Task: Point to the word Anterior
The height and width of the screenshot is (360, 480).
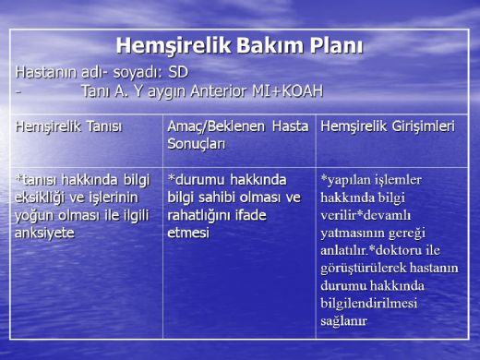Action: (208, 90)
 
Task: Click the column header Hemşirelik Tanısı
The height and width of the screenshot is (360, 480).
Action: (68, 126)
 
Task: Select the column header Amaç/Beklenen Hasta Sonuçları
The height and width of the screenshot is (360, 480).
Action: (237, 135)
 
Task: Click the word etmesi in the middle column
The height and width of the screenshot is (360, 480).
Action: (188, 233)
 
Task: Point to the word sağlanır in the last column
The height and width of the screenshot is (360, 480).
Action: (344, 320)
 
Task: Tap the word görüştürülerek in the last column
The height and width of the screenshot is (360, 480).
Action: (364, 268)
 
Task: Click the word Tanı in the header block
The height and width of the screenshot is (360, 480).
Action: (96, 90)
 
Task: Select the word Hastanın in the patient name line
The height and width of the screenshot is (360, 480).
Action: (47, 71)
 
